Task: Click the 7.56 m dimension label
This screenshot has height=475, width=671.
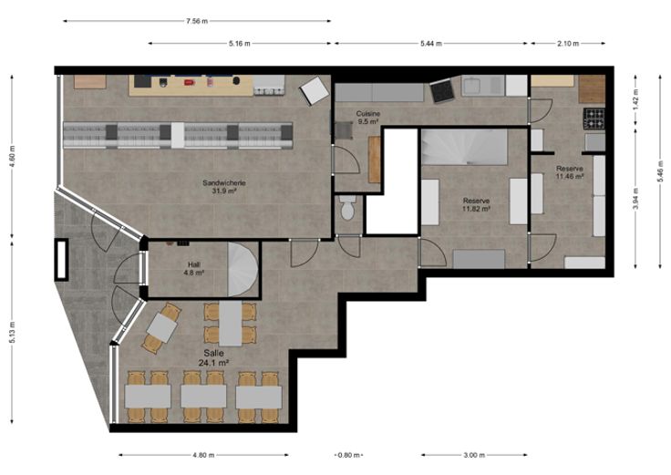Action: coord(197,21)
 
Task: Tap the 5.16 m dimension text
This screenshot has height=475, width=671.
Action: coord(239,43)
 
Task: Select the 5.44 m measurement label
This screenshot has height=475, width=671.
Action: coord(431,43)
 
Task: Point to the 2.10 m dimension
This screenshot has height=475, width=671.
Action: coord(568,43)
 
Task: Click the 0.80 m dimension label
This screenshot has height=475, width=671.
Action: coord(348,455)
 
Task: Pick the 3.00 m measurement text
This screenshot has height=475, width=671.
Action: coord(474,455)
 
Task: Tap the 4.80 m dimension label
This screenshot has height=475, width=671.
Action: coord(203,455)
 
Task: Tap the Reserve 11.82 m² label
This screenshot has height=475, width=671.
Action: coord(476,204)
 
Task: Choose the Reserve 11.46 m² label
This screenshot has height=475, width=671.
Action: coord(570,172)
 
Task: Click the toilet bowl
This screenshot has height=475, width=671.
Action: coord(347,208)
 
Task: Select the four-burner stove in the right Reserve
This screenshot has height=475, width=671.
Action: coord(594,119)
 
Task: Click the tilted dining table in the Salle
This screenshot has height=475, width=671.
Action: coord(161,328)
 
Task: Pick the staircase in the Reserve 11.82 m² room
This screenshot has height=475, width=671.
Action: coord(464,147)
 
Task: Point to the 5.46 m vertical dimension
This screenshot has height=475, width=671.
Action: coord(660,171)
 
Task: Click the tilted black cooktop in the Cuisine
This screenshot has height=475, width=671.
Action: coord(441,91)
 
